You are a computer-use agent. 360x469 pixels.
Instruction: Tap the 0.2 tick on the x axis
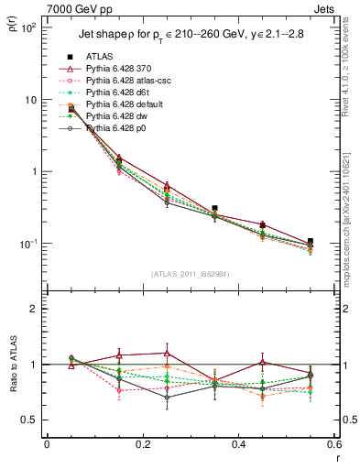(x=142, y=444)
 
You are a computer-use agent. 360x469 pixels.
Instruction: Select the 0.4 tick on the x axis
(x=238, y=444)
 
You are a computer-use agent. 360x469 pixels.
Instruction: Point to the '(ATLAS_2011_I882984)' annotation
(x=190, y=273)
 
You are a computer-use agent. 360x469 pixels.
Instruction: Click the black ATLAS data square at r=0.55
(x=310, y=242)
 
